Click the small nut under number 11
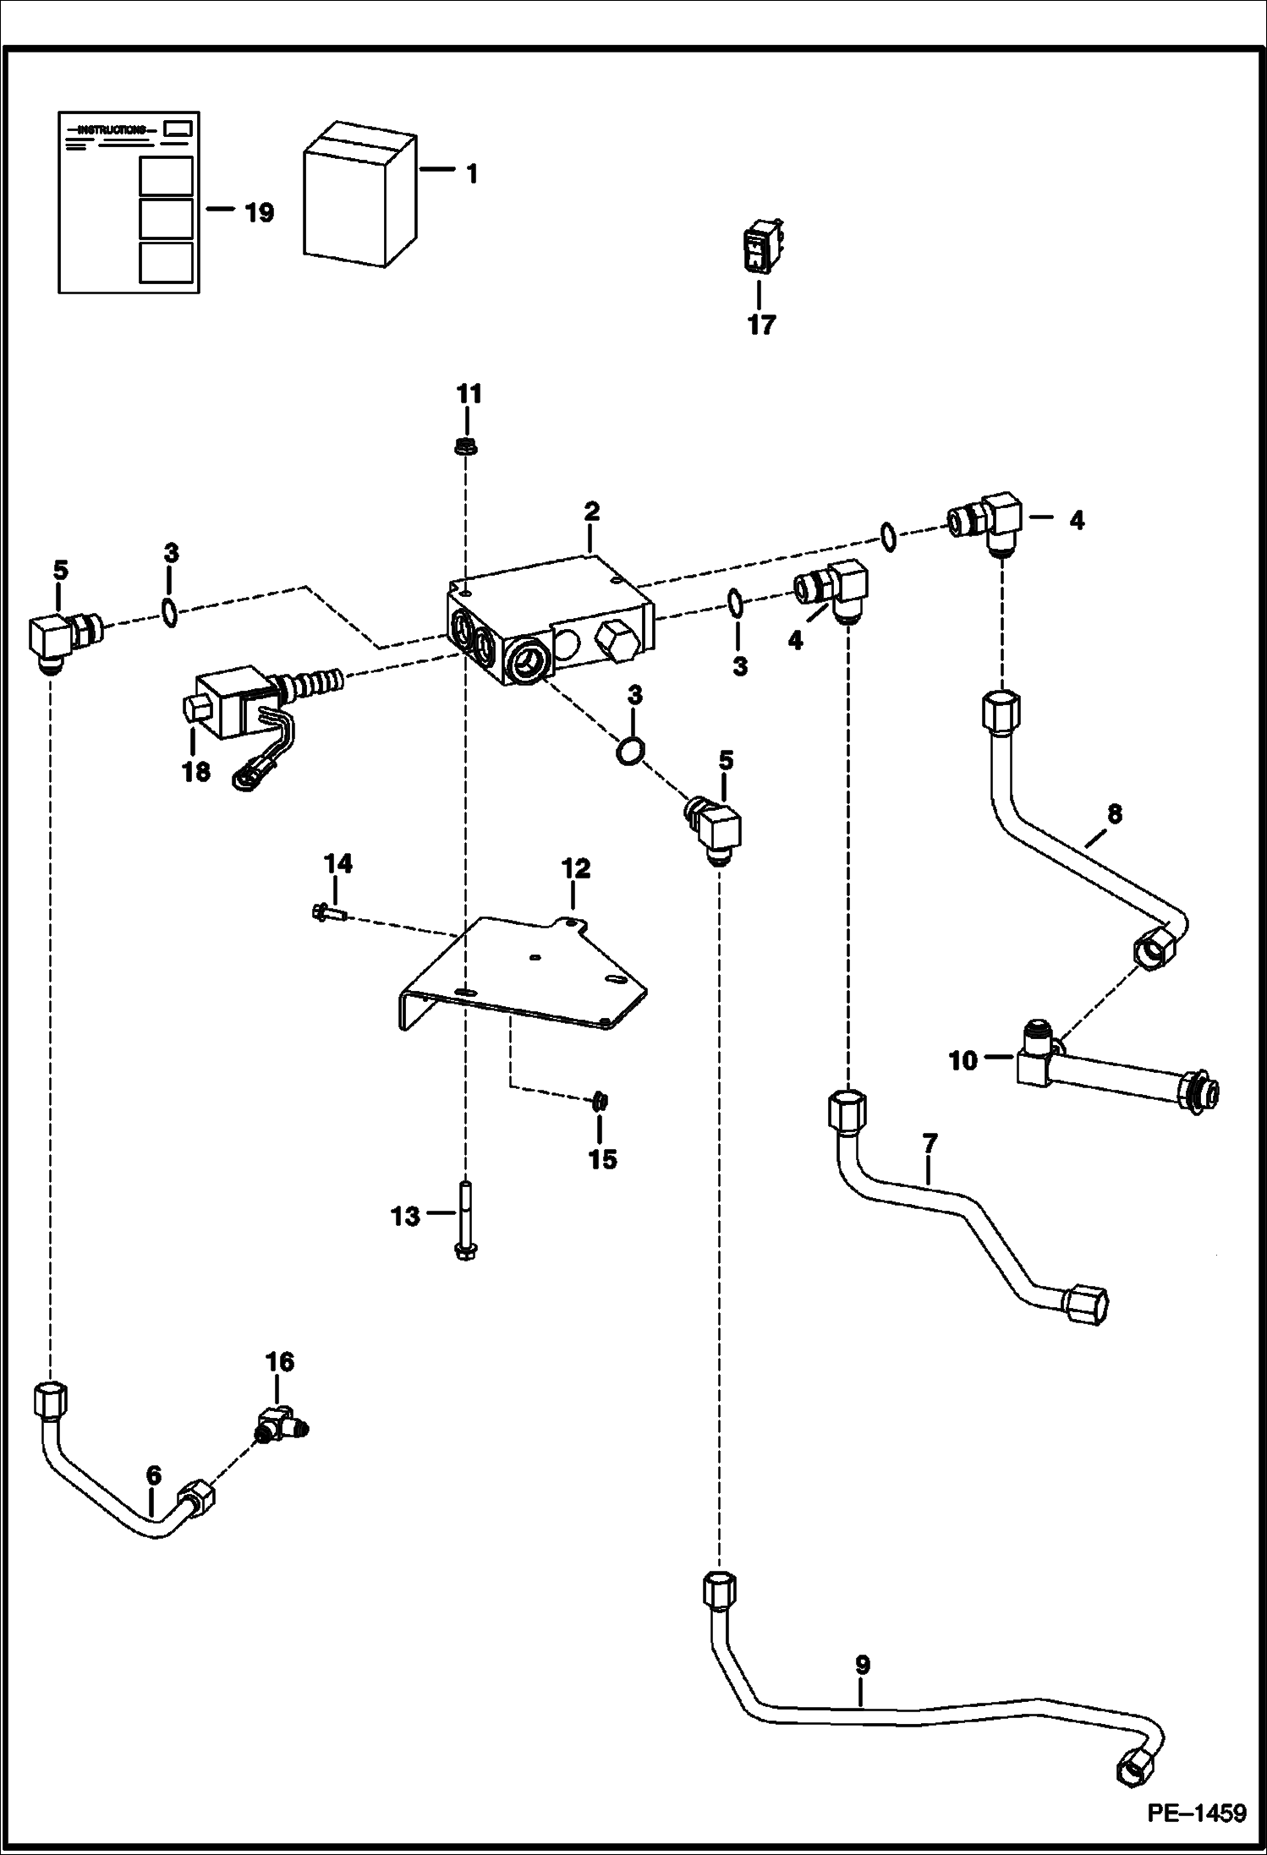coord(463,446)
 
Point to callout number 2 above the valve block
coord(591,512)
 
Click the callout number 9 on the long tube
coord(862,1666)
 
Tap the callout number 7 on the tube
coord(930,1144)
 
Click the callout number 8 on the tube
coord(1114,814)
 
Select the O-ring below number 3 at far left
coord(169,611)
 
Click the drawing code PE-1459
coord(1196,1813)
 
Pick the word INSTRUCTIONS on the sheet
coord(110,129)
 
